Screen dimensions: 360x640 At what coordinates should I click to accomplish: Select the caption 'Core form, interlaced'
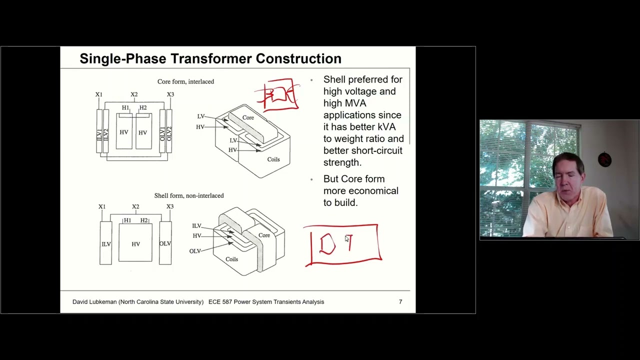[185, 81]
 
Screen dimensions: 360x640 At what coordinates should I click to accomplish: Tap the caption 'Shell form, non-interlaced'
[188, 195]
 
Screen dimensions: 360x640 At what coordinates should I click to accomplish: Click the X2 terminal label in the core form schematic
[134, 94]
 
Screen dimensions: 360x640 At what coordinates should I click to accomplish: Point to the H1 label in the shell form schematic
[127, 220]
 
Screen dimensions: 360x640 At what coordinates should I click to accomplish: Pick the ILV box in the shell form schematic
[105, 243]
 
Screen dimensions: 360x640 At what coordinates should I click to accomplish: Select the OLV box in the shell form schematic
[165, 243]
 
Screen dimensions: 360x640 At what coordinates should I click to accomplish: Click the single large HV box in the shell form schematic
[135, 243]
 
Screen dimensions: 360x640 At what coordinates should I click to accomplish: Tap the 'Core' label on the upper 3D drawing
[248, 117]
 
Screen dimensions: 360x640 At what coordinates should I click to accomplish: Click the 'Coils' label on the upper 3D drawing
[273, 159]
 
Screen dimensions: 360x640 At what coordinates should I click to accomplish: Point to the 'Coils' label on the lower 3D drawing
[231, 259]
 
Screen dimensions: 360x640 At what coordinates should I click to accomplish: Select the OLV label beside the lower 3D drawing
[195, 251]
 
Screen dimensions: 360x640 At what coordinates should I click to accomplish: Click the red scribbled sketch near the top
[278, 94]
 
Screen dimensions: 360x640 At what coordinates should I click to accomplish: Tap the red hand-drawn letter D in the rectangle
[327, 244]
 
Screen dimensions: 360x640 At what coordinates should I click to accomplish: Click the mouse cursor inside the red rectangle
[347, 239]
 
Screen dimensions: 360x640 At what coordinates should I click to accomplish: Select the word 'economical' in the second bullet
[373, 190]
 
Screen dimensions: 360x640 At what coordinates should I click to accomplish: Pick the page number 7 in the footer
[400, 301]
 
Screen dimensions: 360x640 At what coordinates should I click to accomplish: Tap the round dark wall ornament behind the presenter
[604, 160]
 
